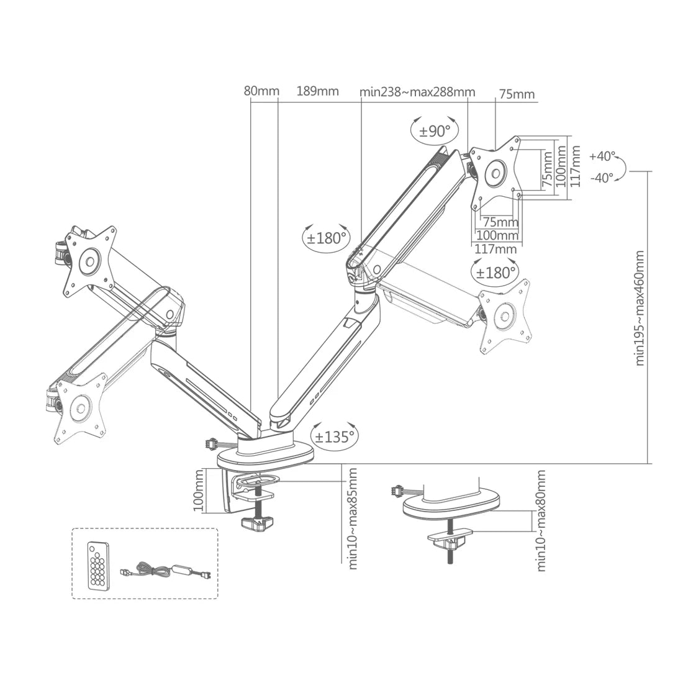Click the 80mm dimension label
[261, 91]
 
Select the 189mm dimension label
[317, 91]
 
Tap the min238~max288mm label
[417, 92]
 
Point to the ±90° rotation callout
[435, 131]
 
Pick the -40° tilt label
[602, 177]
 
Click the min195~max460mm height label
[640, 308]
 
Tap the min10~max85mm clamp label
[353, 518]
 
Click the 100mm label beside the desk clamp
[199, 490]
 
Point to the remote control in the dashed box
[96, 564]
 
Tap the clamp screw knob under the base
[257, 523]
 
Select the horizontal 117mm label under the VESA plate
[495, 249]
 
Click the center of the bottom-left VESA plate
[79, 408]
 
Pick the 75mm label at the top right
[516, 94]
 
